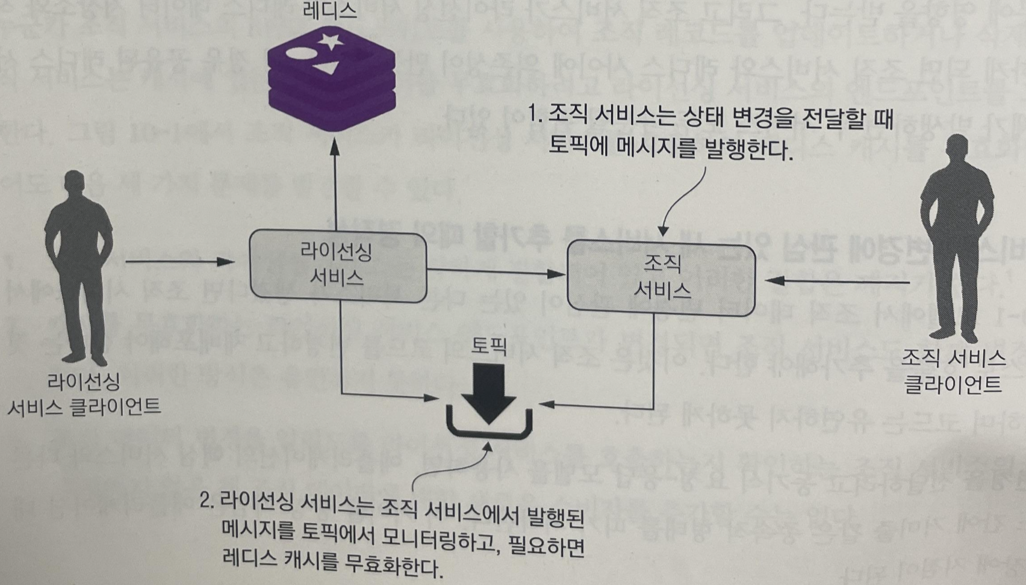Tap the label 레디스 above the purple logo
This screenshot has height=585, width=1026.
click(x=331, y=10)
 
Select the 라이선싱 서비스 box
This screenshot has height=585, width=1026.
click(x=338, y=265)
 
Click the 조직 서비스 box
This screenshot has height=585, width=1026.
click(x=661, y=277)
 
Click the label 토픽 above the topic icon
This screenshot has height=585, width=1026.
click(x=489, y=346)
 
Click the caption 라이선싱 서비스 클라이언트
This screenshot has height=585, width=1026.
click(x=84, y=394)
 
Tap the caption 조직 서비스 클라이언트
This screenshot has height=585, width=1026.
click(x=953, y=371)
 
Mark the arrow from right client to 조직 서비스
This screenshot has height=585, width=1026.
click(x=837, y=281)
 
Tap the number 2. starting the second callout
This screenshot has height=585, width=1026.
click(x=207, y=501)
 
